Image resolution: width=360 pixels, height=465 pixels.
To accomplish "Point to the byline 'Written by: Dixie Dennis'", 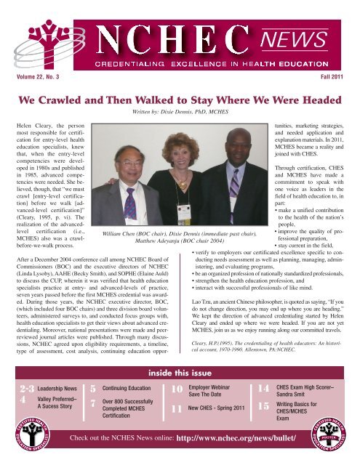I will click(x=180, y=113).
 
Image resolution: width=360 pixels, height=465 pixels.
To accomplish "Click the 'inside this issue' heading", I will click(x=180, y=373).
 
